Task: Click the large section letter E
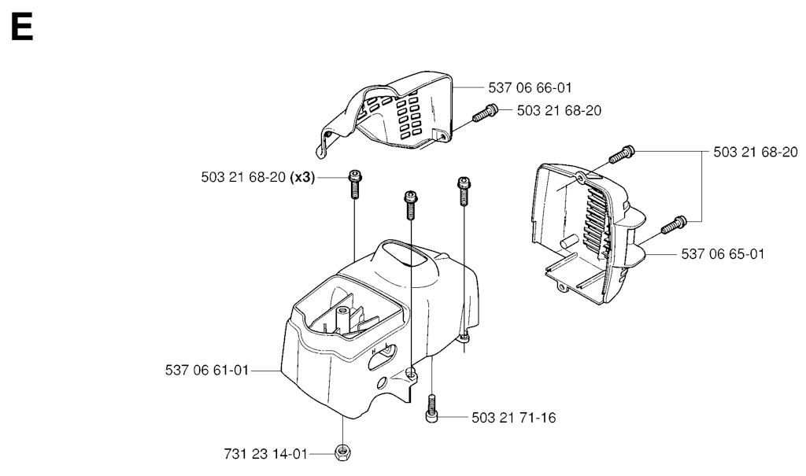(21, 28)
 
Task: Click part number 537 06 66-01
(530, 88)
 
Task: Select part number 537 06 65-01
(723, 254)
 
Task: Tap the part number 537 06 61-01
(207, 370)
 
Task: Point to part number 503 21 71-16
(513, 418)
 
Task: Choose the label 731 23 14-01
(266, 454)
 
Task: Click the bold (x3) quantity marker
(302, 177)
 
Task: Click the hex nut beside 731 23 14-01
(342, 453)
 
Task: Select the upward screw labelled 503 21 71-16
(432, 409)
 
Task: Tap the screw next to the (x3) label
(355, 183)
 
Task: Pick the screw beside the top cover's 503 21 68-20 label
(485, 113)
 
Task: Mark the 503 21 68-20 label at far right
(756, 152)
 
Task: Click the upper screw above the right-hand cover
(622, 153)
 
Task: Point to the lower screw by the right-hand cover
(674, 224)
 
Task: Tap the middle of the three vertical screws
(410, 205)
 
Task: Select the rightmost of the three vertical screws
(464, 191)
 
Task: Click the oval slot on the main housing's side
(384, 356)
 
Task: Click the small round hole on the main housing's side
(383, 383)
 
